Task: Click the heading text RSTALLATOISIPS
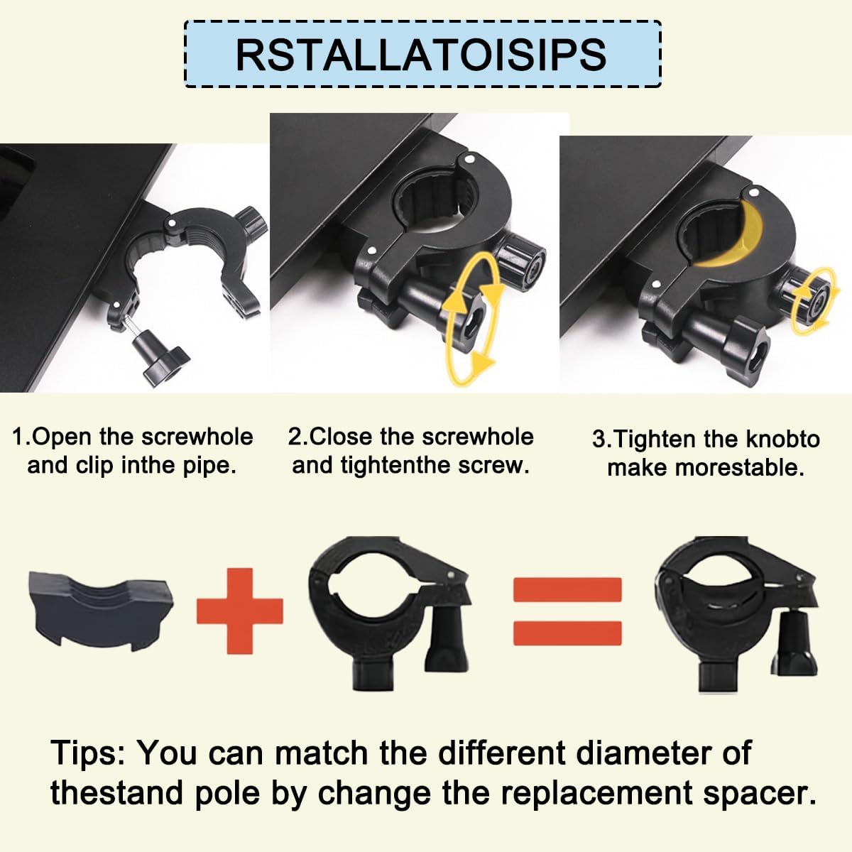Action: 421,55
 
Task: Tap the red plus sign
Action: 240,611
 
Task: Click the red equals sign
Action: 567,611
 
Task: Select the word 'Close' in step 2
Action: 341,437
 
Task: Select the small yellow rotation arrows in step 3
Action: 814,300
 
